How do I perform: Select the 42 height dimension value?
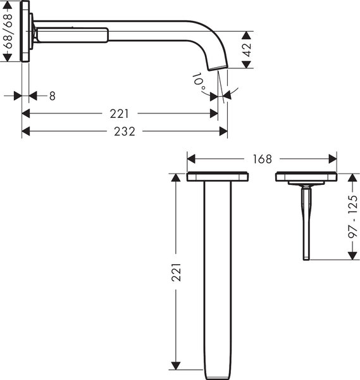249,49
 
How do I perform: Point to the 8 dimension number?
52,96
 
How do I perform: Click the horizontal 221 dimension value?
118,114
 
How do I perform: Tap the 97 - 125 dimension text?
352,215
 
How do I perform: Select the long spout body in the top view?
216,279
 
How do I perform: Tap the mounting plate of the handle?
306,177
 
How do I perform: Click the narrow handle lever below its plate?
307,222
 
